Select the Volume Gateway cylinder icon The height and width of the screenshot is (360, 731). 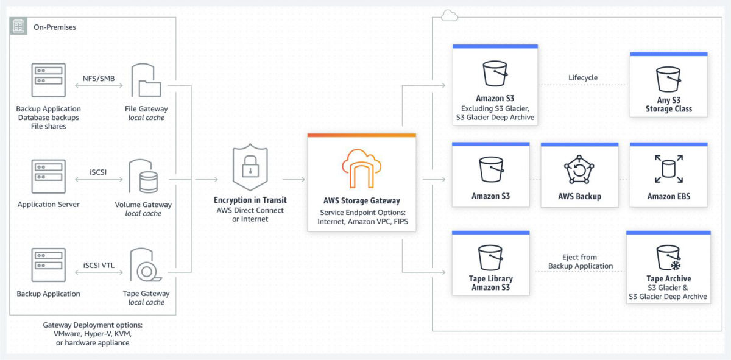tap(146, 177)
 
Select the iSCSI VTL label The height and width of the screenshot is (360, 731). tap(98, 265)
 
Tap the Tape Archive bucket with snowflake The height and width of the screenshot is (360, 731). tap(668, 258)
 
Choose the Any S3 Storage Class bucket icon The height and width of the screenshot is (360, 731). tap(668, 80)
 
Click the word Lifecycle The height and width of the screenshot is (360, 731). tap(583, 77)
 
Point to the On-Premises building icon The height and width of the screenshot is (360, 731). tap(19, 26)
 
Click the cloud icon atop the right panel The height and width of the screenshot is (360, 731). tap(449, 15)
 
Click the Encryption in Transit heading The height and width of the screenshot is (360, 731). tap(250, 200)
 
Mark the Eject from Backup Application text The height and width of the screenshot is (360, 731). tap(580, 261)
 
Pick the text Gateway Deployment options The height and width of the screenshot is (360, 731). tap(93, 325)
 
